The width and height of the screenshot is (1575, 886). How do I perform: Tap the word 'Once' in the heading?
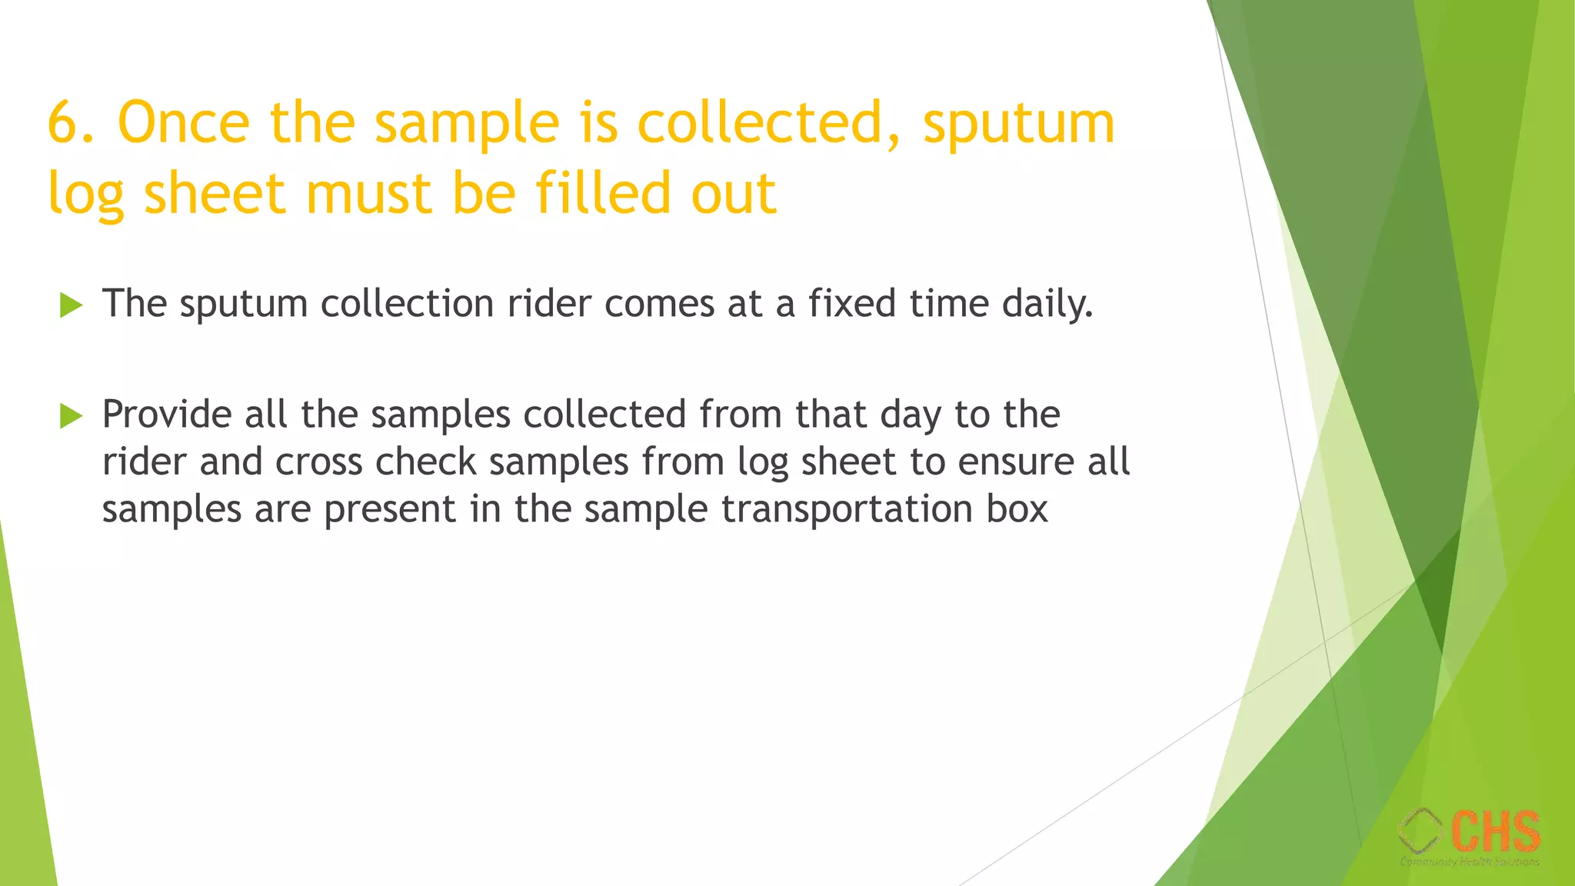[183, 123]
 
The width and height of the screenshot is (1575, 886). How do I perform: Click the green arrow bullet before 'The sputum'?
[71, 305]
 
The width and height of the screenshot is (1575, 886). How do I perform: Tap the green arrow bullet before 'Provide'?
[71, 416]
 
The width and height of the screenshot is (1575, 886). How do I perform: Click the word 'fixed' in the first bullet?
[852, 303]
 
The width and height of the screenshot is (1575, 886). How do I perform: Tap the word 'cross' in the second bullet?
[318, 463]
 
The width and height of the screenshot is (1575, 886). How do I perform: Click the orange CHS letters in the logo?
[1496, 831]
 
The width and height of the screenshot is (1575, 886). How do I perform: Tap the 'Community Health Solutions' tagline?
[1470, 862]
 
